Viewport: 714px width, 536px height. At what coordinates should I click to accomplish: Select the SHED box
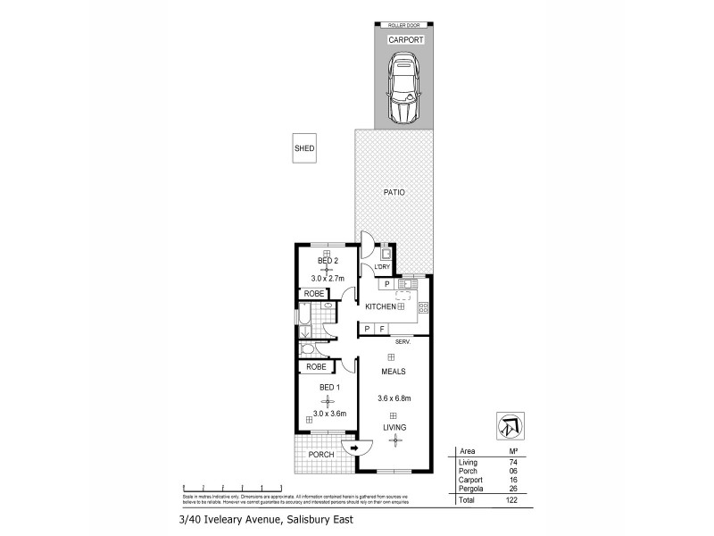304,149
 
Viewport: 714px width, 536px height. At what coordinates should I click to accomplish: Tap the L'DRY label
383,267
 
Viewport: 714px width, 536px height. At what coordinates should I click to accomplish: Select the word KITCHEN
380,306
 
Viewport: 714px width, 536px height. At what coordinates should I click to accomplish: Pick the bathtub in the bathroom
303,321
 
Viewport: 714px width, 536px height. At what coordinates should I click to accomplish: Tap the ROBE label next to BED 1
314,366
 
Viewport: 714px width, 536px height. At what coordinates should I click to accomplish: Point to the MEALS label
394,371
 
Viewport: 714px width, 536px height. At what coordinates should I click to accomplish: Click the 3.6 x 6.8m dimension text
393,398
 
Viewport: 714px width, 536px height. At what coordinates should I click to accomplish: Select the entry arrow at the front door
354,448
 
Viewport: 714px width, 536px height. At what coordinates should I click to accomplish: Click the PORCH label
320,455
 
